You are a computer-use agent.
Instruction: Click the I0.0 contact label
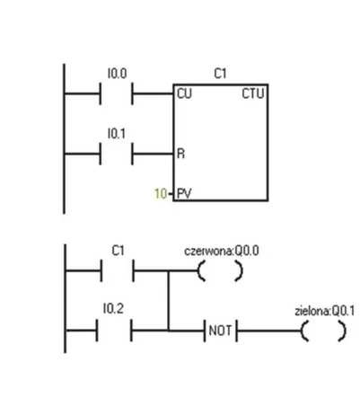pos(117,74)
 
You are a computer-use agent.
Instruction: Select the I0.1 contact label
pos(117,134)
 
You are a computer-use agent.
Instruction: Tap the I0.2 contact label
pos(113,308)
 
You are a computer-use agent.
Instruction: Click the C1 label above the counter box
pos(220,74)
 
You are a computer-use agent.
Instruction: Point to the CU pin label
pos(184,93)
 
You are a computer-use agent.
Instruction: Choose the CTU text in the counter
pos(253,93)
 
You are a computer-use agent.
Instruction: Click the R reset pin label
pos(181,154)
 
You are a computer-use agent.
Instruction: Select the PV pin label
pos(184,193)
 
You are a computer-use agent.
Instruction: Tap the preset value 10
pos(161,194)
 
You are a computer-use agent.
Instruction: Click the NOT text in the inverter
pos(220,331)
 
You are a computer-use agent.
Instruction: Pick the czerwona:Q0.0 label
pos(222,251)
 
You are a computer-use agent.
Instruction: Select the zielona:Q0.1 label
pos(325,311)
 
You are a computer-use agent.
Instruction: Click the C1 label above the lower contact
pos(118,251)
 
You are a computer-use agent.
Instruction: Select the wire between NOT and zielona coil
pos(268,331)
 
